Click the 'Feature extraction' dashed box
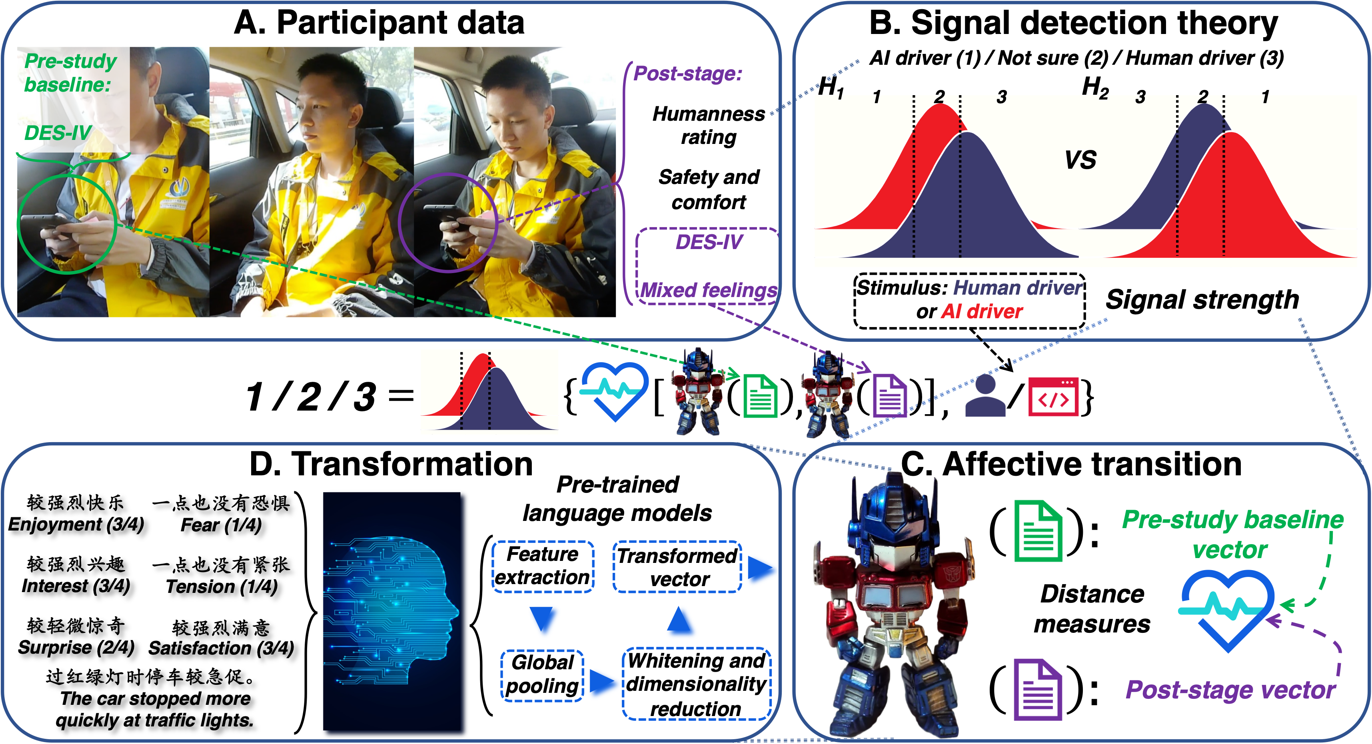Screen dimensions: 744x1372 tap(542, 566)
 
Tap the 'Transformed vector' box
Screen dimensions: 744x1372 tap(677, 566)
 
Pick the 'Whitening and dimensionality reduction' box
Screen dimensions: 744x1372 tap(696, 684)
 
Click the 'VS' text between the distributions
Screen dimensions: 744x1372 tap(1080, 160)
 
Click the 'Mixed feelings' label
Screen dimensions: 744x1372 tap(708, 290)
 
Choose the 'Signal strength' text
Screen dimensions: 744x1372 tap(1202, 300)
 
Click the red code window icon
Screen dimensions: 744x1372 tap(1053, 396)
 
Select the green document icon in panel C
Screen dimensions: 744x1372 tap(1038, 531)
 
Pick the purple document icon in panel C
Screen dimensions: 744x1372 tap(1038, 689)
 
